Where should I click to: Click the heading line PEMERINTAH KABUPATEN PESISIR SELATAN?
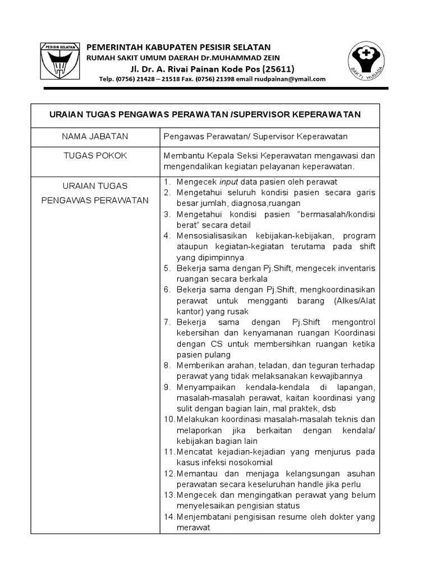[178, 47]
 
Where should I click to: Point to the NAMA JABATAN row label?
[95, 136]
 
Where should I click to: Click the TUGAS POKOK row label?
[95, 155]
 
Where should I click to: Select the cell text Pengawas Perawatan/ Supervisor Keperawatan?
[255, 136]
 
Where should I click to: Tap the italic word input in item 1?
[228, 182]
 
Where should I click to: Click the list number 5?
[167, 268]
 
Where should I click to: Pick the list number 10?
[169, 419]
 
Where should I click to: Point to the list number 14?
[169, 517]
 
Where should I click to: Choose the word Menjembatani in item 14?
[204, 517]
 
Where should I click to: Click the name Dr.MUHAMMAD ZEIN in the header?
[248, 58]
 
